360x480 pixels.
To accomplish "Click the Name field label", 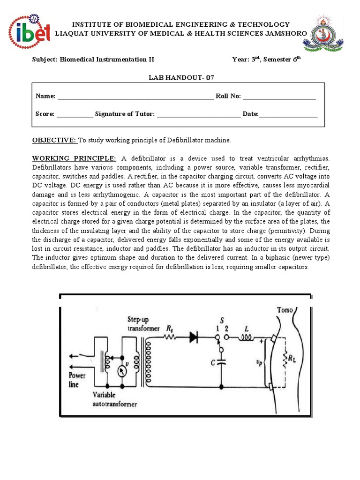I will [45, 96].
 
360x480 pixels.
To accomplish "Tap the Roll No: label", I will [228, 96].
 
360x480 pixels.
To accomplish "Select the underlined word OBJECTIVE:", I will [54, 140].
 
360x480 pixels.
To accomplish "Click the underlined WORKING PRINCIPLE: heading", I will [74, 158].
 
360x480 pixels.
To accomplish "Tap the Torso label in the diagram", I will [286, 310].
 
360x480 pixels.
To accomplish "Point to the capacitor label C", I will [213, 362].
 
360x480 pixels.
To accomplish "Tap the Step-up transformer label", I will [142, 323].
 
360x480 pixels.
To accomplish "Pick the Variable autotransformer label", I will [115, 399].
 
